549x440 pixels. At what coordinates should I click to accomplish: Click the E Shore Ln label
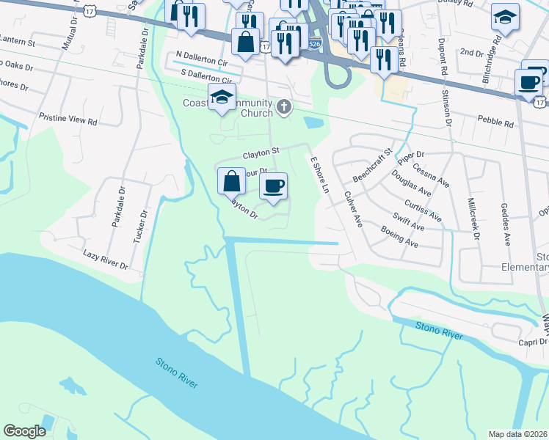click(319, 175)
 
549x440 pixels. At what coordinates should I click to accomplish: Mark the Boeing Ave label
click(399, 236)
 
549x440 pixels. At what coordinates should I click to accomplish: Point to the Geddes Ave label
click(506, 224)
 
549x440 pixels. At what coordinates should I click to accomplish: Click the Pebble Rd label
click(495, 121)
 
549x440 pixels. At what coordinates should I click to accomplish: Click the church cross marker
click(284, 109)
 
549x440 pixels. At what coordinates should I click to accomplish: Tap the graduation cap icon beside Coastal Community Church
click(222, 98)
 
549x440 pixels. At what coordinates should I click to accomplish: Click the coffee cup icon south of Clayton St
click(274, 186)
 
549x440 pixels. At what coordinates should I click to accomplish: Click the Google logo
click(25, 431)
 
